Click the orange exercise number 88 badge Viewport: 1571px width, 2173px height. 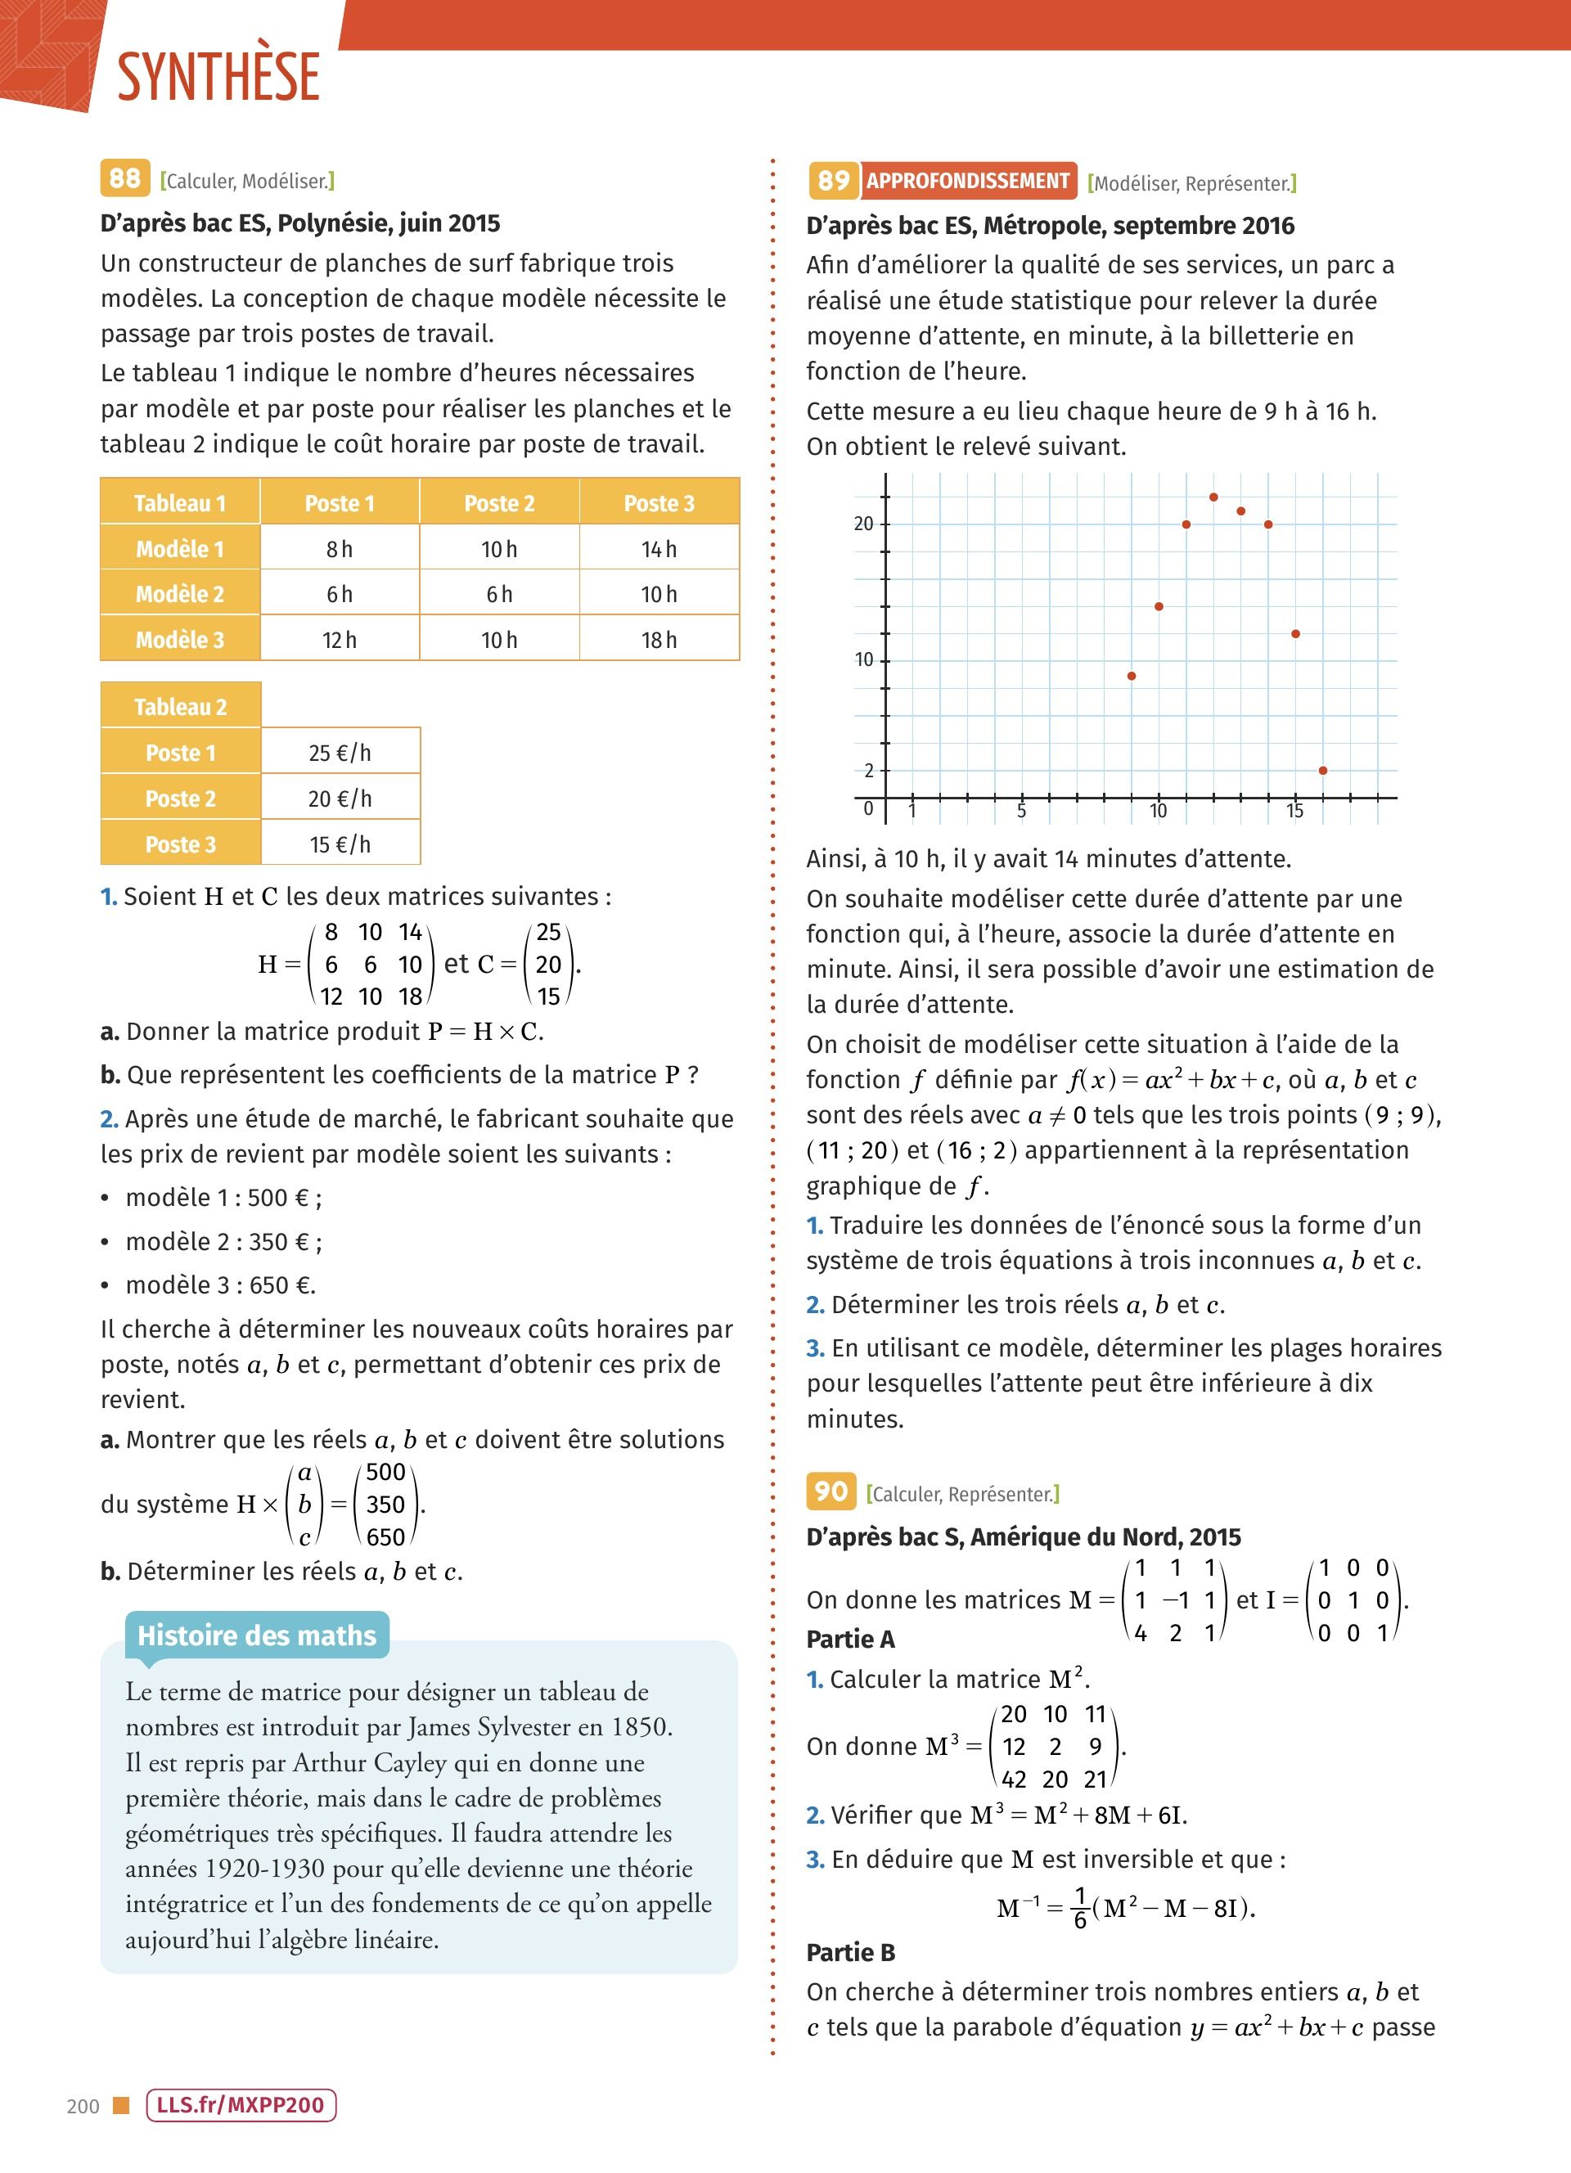[124, 178]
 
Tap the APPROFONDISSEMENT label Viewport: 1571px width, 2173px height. [967, 181]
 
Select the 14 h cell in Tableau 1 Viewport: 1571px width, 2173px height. [659, 549]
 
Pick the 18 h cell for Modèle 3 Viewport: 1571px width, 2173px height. [659, 640]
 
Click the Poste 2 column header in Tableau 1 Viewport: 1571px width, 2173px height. [499, 503]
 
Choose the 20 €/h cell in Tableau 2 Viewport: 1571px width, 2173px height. [340, 799]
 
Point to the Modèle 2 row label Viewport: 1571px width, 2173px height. [180, 594]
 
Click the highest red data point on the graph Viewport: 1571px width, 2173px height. [1213, 497]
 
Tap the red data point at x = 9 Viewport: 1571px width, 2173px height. [1132, 677]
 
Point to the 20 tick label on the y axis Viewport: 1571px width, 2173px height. [864, 524]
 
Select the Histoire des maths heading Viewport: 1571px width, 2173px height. [257, 1635]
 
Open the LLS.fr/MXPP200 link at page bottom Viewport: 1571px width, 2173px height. [241, 2105]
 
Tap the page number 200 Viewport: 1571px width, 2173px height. [83, 2106]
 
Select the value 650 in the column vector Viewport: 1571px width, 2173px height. [386, 1536]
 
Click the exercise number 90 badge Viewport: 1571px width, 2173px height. [831, 1491]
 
